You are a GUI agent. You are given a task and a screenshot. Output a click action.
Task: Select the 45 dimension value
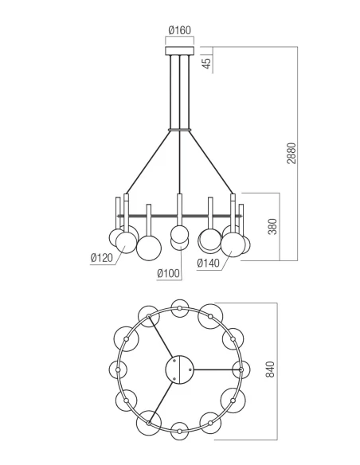click(208, 62)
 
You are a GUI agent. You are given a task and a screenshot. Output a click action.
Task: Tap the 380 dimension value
click(272, 227)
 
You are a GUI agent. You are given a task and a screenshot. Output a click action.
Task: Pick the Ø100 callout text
click(169, 274)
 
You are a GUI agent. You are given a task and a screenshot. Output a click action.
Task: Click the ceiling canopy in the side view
click(179, 52)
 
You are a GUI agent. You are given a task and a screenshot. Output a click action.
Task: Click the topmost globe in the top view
click(180, 307)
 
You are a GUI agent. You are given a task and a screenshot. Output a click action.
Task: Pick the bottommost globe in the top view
click(180, 431)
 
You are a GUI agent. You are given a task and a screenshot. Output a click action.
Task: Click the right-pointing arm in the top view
click(216, 369)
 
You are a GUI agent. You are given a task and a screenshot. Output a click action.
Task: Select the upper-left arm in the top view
click(163, 342)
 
